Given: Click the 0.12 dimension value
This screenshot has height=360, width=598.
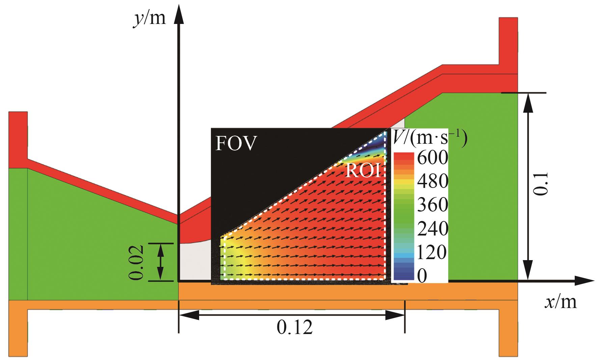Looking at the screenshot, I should (295, 327).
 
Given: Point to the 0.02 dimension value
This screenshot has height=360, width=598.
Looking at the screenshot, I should (137, 262).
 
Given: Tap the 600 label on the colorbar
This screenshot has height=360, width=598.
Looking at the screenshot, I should (432, 158).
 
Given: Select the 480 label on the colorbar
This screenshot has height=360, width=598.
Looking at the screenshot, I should (432, 182).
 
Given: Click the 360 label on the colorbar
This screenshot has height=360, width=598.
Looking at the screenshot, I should (432, 205).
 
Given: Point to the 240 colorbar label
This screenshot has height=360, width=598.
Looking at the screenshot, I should (432, 229).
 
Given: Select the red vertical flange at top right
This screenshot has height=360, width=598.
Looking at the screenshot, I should (508, 40).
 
